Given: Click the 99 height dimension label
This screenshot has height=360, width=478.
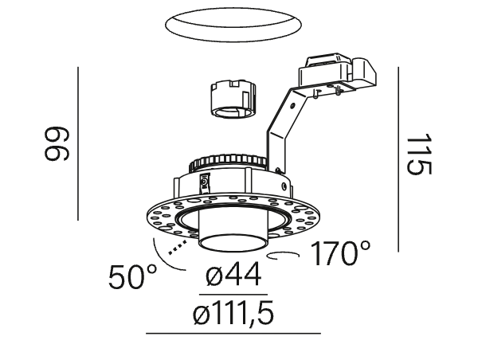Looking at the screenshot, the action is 57,143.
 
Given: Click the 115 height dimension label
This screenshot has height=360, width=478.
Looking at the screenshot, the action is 420,155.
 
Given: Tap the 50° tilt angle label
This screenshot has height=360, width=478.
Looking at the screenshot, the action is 133,277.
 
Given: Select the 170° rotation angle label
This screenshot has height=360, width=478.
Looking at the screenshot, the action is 340,253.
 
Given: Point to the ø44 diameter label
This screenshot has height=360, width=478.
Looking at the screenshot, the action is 233,274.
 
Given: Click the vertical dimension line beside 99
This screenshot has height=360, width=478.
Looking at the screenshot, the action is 78,143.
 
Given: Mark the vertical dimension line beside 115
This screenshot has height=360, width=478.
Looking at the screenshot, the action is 398,159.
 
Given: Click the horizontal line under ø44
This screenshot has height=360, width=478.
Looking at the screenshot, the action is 233,295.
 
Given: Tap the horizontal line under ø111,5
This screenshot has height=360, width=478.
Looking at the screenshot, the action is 233,334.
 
